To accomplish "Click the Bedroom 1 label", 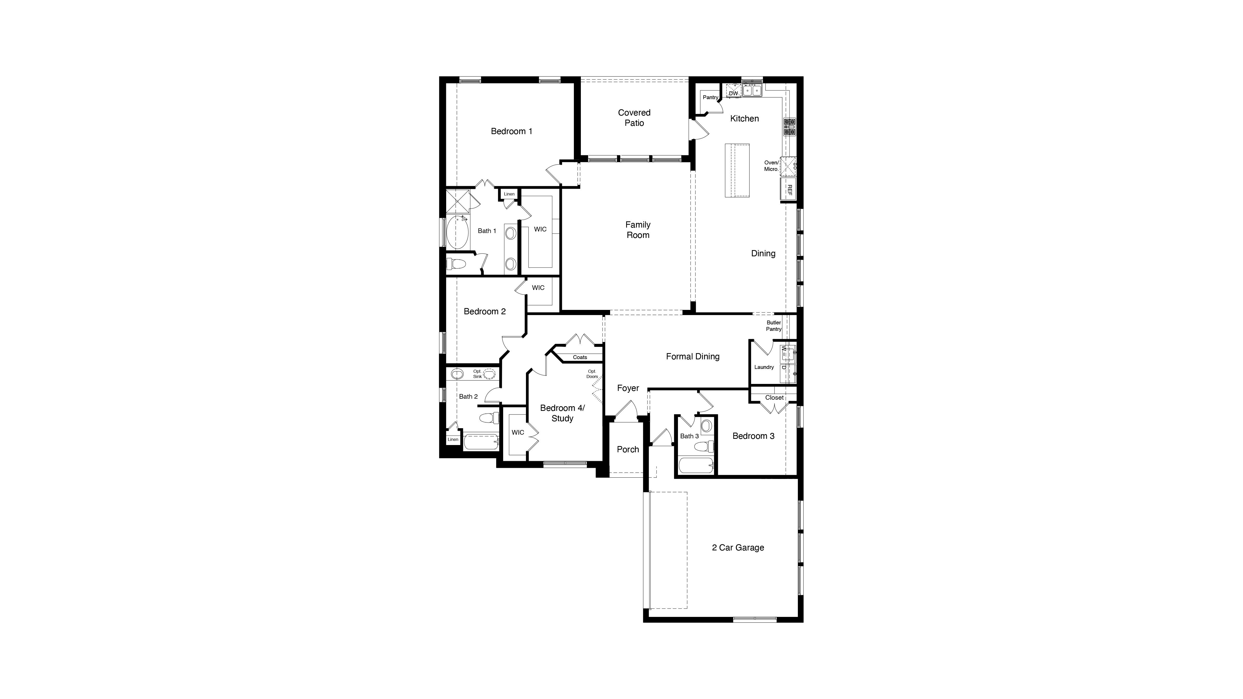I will (x=511, y=131).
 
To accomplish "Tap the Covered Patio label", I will (x=634, y=118).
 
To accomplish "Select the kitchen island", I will (x=737, y=170).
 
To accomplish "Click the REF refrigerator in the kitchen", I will (x=789, y=189).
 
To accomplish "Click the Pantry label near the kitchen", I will (x=710, y=97).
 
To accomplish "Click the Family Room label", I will (x=637, y=230).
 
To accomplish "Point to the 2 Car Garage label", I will (x=738, y=548).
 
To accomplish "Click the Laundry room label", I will (x=764, y=367).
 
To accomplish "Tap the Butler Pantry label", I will (x=774, y=326).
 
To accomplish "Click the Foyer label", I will (x=628, y=388).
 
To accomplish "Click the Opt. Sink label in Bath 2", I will (x=477, y=374).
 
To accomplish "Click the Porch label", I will (x=628, y=449).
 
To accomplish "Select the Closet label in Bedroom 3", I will (x=774, y=397).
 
